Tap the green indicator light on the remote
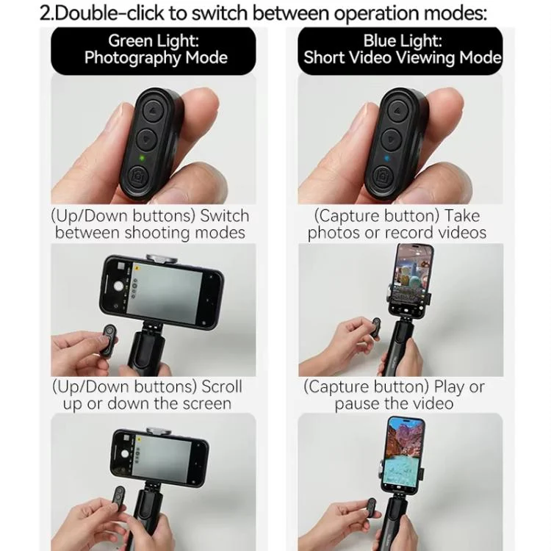(x=142, y=158)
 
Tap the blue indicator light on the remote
(x=387, y=158)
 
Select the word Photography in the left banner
(x=132, y=58)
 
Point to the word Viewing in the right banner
(x=425, y=57)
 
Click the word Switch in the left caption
(x=225, y=216)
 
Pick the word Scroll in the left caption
(x=222, y=386)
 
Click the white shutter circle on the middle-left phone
(x=119, y=287)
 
